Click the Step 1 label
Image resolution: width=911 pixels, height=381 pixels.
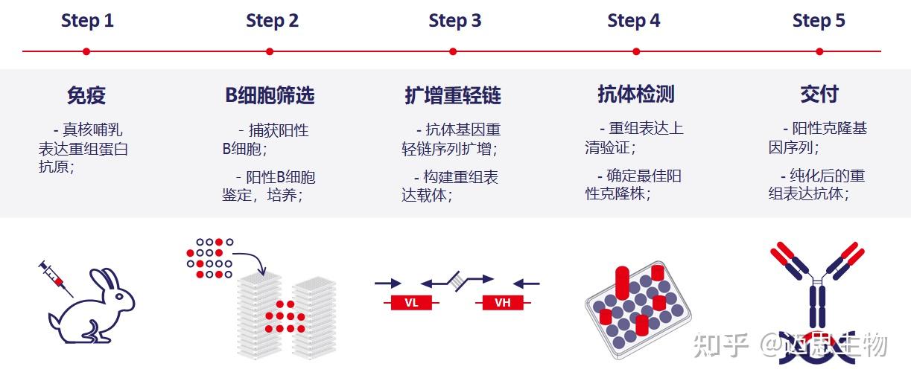87,21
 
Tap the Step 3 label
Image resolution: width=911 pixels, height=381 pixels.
454,21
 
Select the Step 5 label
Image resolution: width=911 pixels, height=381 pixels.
819,21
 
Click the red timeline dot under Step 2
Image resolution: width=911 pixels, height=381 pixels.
270,51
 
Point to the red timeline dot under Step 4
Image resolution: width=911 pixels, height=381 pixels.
636,51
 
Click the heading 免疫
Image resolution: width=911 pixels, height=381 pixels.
86,95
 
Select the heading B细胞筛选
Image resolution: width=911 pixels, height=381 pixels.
270,95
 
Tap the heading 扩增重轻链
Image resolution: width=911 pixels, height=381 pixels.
453,95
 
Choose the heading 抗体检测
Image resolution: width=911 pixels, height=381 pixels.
636,95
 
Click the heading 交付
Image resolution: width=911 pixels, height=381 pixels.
819,95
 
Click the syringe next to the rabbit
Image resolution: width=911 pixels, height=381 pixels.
56,278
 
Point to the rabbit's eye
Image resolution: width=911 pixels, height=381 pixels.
119,296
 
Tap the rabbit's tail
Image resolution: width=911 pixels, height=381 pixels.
54,321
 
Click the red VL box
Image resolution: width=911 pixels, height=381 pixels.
411,303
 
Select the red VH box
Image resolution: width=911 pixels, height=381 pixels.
503,303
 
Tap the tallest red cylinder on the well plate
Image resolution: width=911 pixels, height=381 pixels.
622,282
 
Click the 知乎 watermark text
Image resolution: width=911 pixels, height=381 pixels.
720,345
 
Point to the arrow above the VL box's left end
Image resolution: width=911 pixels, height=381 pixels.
388,283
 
